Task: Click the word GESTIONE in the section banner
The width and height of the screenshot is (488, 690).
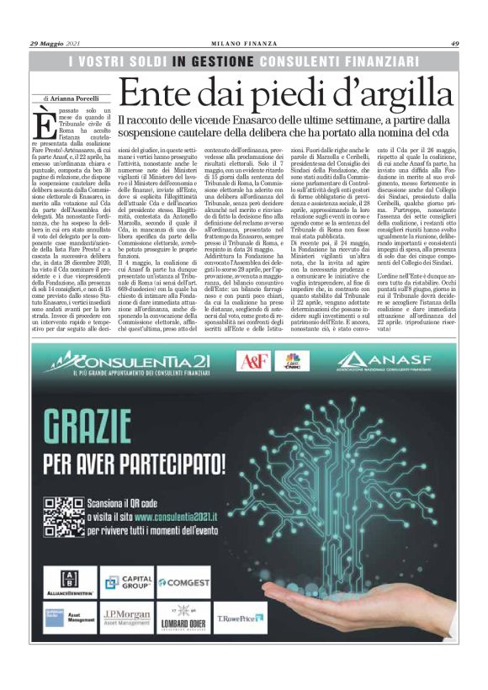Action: [222, 61]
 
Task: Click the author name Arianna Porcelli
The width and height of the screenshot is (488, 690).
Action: [77, 98]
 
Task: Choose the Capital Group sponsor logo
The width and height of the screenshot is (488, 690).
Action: [126, 581]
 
